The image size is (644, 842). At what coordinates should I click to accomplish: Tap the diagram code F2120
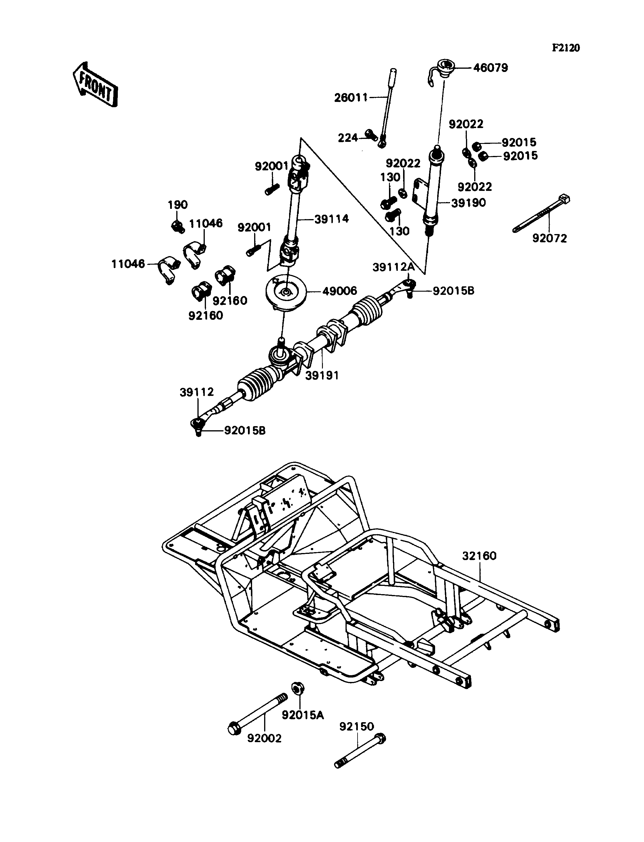(566, 48)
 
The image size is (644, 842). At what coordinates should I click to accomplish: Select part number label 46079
(490, 68)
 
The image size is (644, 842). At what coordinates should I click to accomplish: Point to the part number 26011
(351, 98)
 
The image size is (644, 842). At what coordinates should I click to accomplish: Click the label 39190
(468, 203)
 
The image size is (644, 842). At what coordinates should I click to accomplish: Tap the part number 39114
(332, 219)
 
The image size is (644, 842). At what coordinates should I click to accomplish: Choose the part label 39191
(322, 376)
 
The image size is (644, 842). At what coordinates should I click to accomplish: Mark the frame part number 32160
(479, 556)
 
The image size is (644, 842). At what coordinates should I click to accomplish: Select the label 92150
(356, 726)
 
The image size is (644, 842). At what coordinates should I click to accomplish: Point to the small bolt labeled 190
(177, 226)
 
